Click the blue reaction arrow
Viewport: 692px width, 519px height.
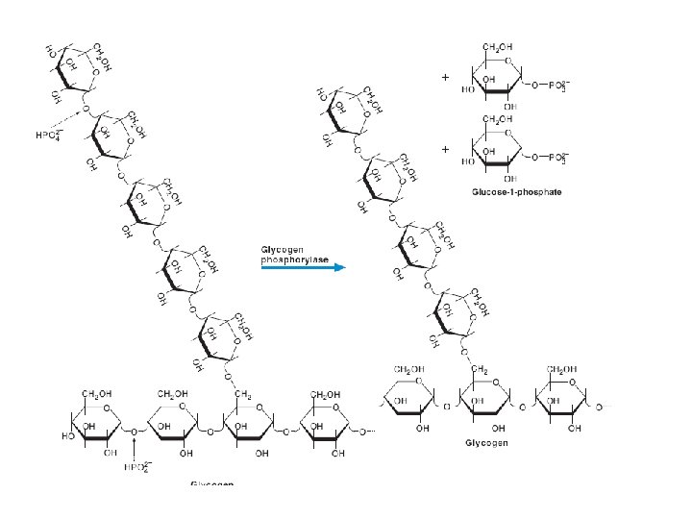pos(303,268)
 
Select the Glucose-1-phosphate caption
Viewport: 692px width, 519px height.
pos(516,192)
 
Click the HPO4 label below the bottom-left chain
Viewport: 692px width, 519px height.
pos(136,467)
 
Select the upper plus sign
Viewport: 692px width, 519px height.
pos(445,77)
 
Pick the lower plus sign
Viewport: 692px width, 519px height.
pos(445,150)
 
